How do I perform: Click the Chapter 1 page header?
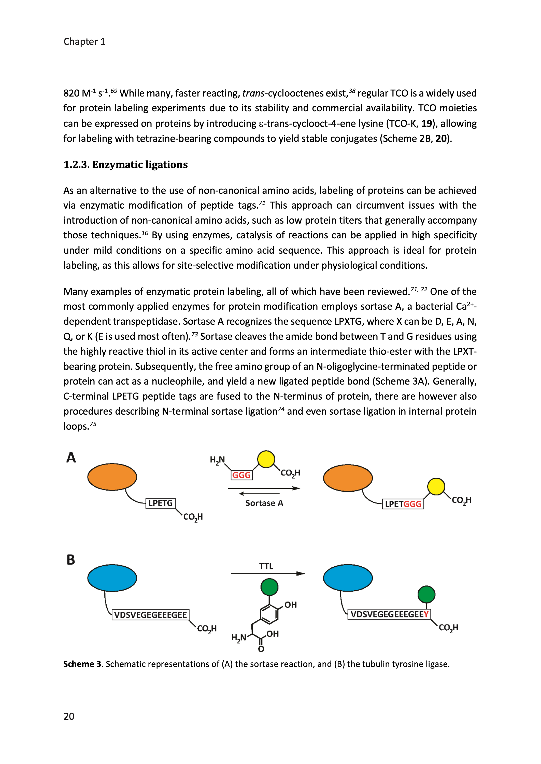(x=84, y=42)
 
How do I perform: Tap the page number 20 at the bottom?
(x=69, y=716)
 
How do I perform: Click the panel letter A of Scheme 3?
(x=71, y=457)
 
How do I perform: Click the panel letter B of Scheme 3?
(x=71, y=560)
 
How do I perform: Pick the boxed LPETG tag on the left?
(x=161, y=503)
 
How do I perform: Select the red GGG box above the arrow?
(x=241, y=475)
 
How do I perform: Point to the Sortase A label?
(x=264, y=503)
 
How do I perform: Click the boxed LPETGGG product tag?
(x=403, y=504)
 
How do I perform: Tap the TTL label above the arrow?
(x=266, y=566)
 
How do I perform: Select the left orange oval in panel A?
(x=112, y=477)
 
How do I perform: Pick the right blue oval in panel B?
(x=348, y=578)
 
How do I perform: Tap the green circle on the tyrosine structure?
(x=269, y=587)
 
